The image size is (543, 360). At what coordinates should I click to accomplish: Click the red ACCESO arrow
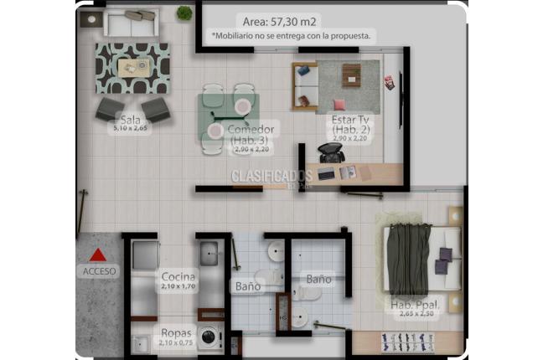99,255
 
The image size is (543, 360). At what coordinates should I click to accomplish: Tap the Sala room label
129,119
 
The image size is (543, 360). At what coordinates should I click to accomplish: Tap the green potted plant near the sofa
184,13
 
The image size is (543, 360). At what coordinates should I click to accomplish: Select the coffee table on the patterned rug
133,67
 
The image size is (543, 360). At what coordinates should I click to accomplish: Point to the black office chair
328,153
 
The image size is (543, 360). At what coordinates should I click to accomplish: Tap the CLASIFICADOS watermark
271,176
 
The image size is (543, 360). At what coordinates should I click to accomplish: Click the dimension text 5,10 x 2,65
132,128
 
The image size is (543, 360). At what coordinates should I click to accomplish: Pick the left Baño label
247,286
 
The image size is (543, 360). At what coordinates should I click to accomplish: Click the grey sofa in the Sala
130,22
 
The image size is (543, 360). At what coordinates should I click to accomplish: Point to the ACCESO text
100,271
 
